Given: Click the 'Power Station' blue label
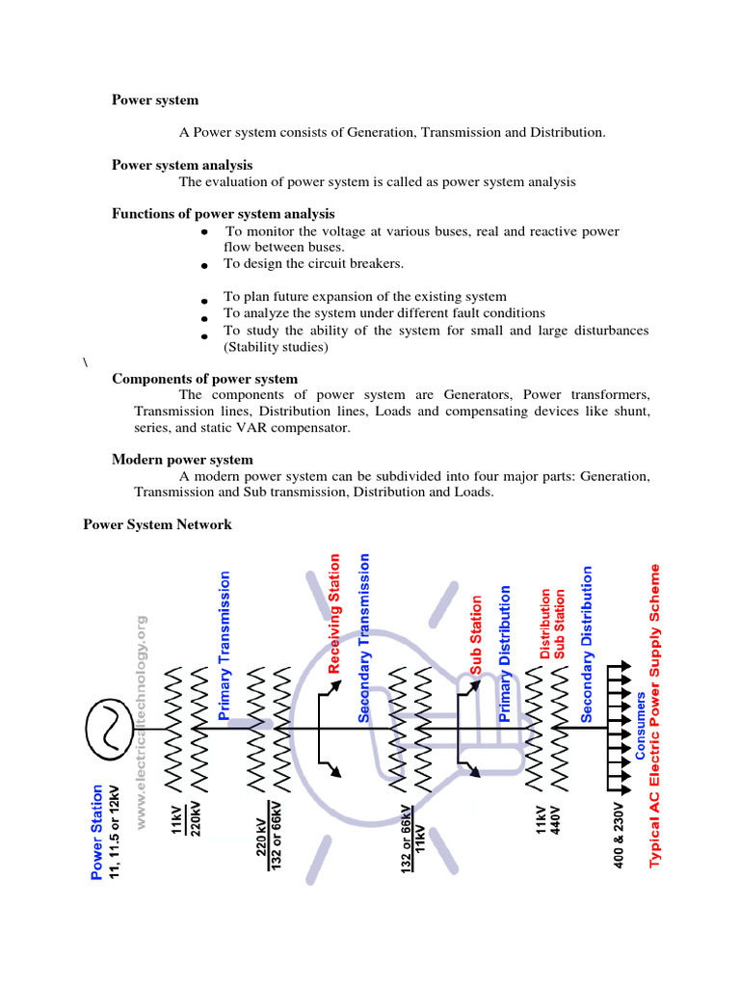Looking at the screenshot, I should click(96, 830).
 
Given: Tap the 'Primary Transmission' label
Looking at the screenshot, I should click(225, 645).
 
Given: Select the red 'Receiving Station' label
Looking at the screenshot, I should click(335, 613).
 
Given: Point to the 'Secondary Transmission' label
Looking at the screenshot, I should click(364, 637).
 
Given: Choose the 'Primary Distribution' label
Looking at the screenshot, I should click(504, 654).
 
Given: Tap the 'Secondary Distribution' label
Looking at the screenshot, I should click(586, 644).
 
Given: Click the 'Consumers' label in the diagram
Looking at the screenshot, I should click(641, 725).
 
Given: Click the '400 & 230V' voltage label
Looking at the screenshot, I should click(619, 833).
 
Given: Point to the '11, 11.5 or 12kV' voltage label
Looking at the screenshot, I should click(115, 813).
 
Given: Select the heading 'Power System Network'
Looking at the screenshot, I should click(157, 524).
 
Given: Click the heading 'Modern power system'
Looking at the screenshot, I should click(182, 460).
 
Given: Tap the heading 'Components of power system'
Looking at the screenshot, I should click(204, 379).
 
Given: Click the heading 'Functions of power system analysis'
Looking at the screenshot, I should click(223, 214).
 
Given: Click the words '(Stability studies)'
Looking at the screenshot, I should click(276, 347).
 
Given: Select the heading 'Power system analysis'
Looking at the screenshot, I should click(182, 165).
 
